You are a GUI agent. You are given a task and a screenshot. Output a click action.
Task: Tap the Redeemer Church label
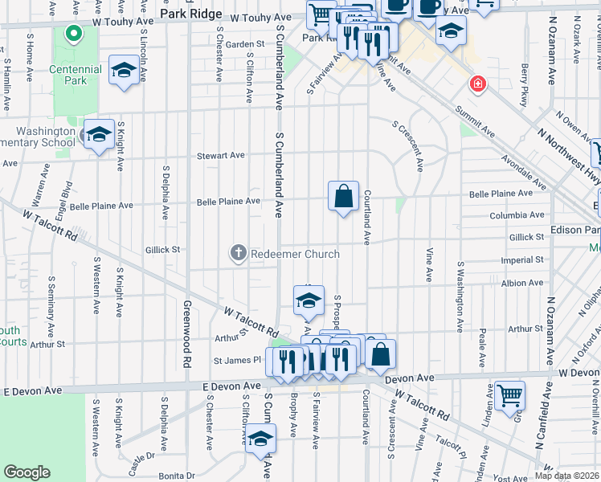[296, 254]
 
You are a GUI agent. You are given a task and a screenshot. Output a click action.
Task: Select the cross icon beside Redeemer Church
[238, 254]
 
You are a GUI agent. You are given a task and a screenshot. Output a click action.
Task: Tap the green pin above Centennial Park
[73, 34]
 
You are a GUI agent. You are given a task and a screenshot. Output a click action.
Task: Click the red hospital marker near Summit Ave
[478, 84]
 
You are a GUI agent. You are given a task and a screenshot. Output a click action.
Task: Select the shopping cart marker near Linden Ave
[510, 394]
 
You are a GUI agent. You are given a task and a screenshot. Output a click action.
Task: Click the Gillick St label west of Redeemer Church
[163, 250]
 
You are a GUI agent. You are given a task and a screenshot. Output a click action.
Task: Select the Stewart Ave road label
[221, 155]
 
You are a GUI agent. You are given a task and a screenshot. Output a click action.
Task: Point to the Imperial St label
[522, 260]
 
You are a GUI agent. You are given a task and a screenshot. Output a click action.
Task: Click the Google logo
[27, 472]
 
